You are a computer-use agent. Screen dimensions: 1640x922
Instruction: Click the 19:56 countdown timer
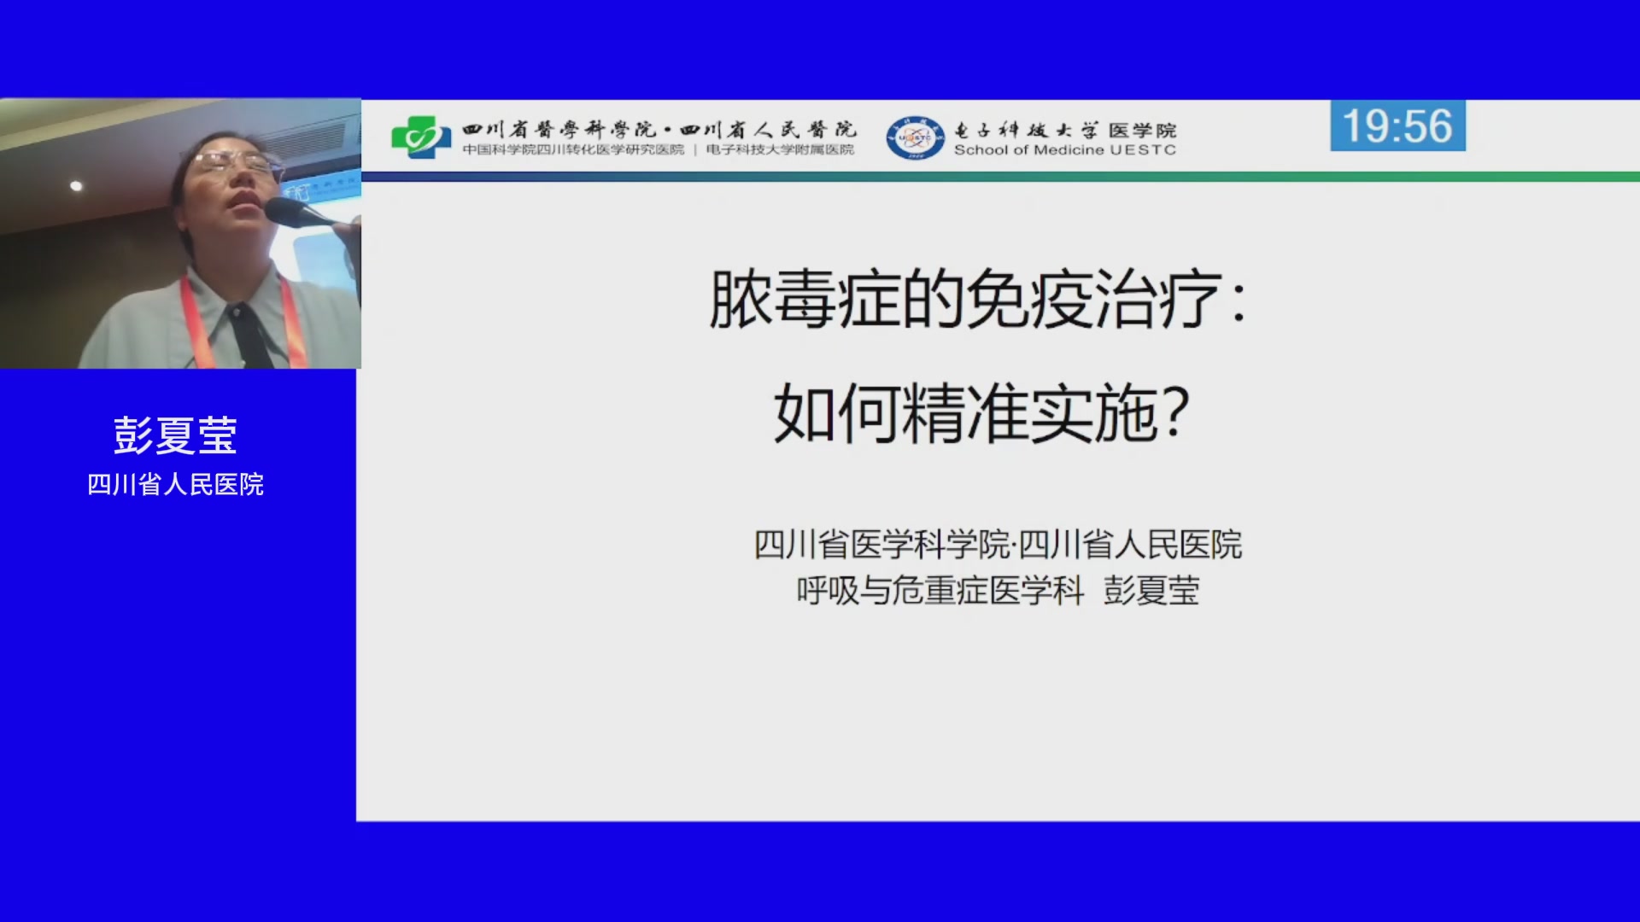1397,125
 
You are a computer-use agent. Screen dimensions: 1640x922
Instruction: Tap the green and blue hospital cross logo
421,137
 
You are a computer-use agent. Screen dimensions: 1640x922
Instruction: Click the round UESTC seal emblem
915,137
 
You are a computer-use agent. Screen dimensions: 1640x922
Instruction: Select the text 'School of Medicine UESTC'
1064,150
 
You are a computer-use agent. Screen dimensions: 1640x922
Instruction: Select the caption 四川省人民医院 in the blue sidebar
175,484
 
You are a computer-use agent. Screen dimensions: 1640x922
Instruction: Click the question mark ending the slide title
1177,411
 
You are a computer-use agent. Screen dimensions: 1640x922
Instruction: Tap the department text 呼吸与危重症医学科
940,590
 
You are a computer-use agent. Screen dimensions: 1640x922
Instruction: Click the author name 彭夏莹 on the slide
1151,590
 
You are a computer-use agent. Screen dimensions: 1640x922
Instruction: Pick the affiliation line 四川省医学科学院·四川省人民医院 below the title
998,545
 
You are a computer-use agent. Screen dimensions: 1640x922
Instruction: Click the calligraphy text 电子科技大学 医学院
1064,130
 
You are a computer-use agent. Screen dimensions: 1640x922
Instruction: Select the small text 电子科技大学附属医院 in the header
780,150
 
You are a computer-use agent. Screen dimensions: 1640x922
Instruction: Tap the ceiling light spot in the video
76,185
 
